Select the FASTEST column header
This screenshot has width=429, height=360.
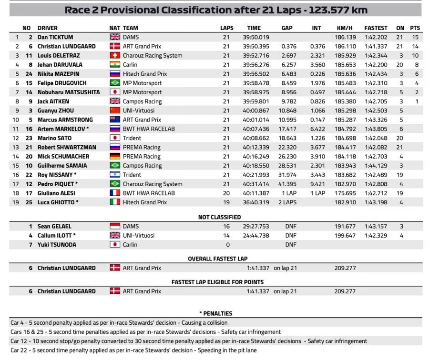(x=376, y=28)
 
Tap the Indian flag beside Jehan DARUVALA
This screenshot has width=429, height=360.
(x=115, y=65)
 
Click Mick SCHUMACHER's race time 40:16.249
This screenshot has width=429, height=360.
(x=258, y=157)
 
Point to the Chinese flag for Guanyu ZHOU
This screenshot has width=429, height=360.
(x=115, y=110)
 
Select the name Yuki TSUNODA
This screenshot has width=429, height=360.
(x=57, y=245)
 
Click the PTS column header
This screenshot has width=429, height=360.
(x=415, y=28)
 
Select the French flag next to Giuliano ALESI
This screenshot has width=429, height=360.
(x=115, y=193)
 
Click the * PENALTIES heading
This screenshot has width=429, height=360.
(x=215, y=313)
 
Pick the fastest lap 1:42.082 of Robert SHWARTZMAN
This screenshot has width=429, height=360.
(x=376, y=148)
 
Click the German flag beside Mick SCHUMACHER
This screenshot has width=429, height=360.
(x=115, y=157)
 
